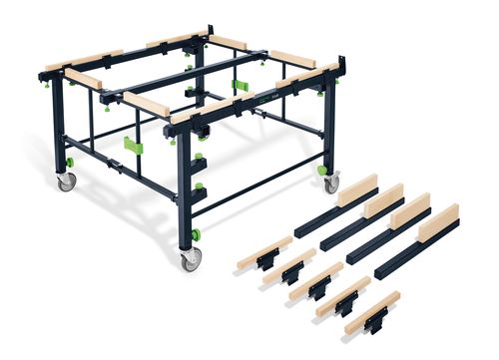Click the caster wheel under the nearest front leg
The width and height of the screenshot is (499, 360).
(x=189, y=261)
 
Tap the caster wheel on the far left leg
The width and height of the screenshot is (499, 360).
(x=67, y=182)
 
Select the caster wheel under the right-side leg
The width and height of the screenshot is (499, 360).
(x=331, y=184)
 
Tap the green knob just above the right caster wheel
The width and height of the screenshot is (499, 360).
(x=322, y=170)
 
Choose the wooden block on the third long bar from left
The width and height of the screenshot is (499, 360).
(x=409, y=210)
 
